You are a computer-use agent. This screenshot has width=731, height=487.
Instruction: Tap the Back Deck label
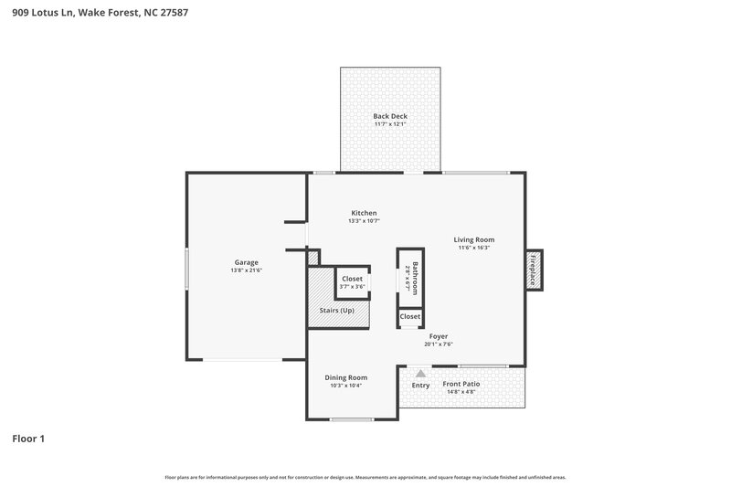390,116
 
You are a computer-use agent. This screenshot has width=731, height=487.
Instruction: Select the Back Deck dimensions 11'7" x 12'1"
390,124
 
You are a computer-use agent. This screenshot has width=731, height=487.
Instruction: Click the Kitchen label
363,213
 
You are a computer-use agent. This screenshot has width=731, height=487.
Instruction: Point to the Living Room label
473,240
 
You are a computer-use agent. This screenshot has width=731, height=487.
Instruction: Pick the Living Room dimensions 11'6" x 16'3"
473,248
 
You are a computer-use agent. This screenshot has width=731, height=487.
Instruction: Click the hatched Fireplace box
533,270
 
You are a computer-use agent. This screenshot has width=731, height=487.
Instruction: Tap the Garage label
247,262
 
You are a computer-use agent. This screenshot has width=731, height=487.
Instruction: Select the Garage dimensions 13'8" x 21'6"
247,270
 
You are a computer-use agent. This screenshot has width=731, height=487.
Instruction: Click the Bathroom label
415,278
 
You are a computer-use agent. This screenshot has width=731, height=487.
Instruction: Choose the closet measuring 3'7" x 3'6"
352,282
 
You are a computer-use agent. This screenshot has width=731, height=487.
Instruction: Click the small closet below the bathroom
410,317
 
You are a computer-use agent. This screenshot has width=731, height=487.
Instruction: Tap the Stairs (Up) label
336,311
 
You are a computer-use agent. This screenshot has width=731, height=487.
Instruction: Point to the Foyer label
439,336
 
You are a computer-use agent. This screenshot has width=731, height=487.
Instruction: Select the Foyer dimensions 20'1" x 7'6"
439,344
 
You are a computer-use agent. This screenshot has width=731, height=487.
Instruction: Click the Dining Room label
346,377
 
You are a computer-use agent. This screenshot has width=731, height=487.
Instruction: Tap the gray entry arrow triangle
420,373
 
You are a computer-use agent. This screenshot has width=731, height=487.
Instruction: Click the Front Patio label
461,385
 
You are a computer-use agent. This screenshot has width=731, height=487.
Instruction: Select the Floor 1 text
28,439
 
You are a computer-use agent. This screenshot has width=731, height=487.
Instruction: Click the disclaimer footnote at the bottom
365,477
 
